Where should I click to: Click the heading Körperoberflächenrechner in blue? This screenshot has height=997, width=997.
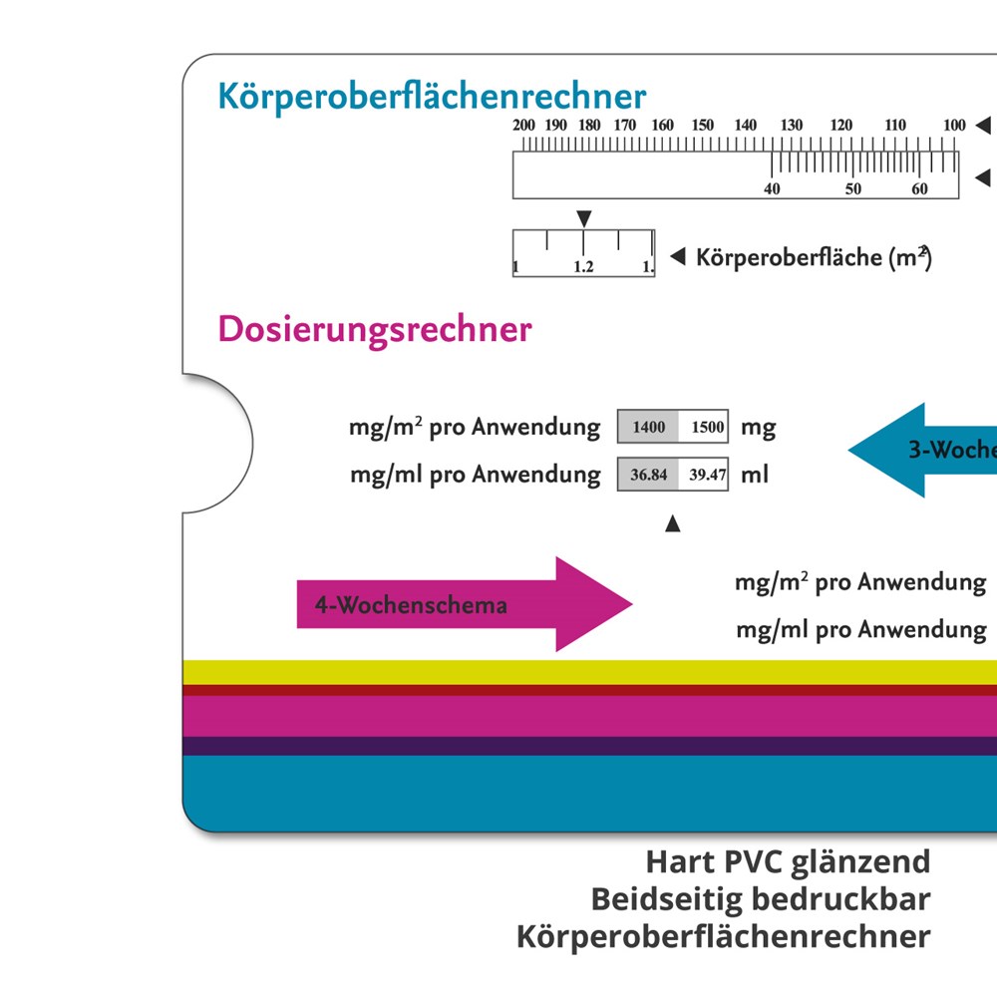coord(432,98)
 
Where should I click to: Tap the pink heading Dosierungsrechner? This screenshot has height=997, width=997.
coord(375,329)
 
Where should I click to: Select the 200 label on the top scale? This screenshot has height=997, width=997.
coord(523,126)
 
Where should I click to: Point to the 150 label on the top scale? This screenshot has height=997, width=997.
coord(703,126)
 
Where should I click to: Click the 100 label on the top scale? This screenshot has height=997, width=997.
coord(954,126)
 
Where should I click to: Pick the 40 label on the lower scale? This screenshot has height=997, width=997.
coord(772,189)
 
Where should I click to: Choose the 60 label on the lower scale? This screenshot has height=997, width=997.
coord(919,189)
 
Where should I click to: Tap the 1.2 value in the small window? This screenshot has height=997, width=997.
coord(583,267)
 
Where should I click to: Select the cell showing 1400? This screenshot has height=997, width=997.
coord(648,428)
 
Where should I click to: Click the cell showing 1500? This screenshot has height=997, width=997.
coord(707,428)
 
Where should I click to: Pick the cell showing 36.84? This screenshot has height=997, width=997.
coord(649,475)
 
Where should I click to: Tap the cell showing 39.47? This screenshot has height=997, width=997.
coord(707,475)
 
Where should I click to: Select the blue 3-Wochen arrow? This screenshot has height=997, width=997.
coord(922,450)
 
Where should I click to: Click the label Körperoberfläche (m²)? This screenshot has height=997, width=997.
coord(814,257)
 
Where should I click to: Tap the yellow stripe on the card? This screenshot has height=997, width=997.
coord(588,672)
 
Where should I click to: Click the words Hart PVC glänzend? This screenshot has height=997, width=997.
coord(787,861)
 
